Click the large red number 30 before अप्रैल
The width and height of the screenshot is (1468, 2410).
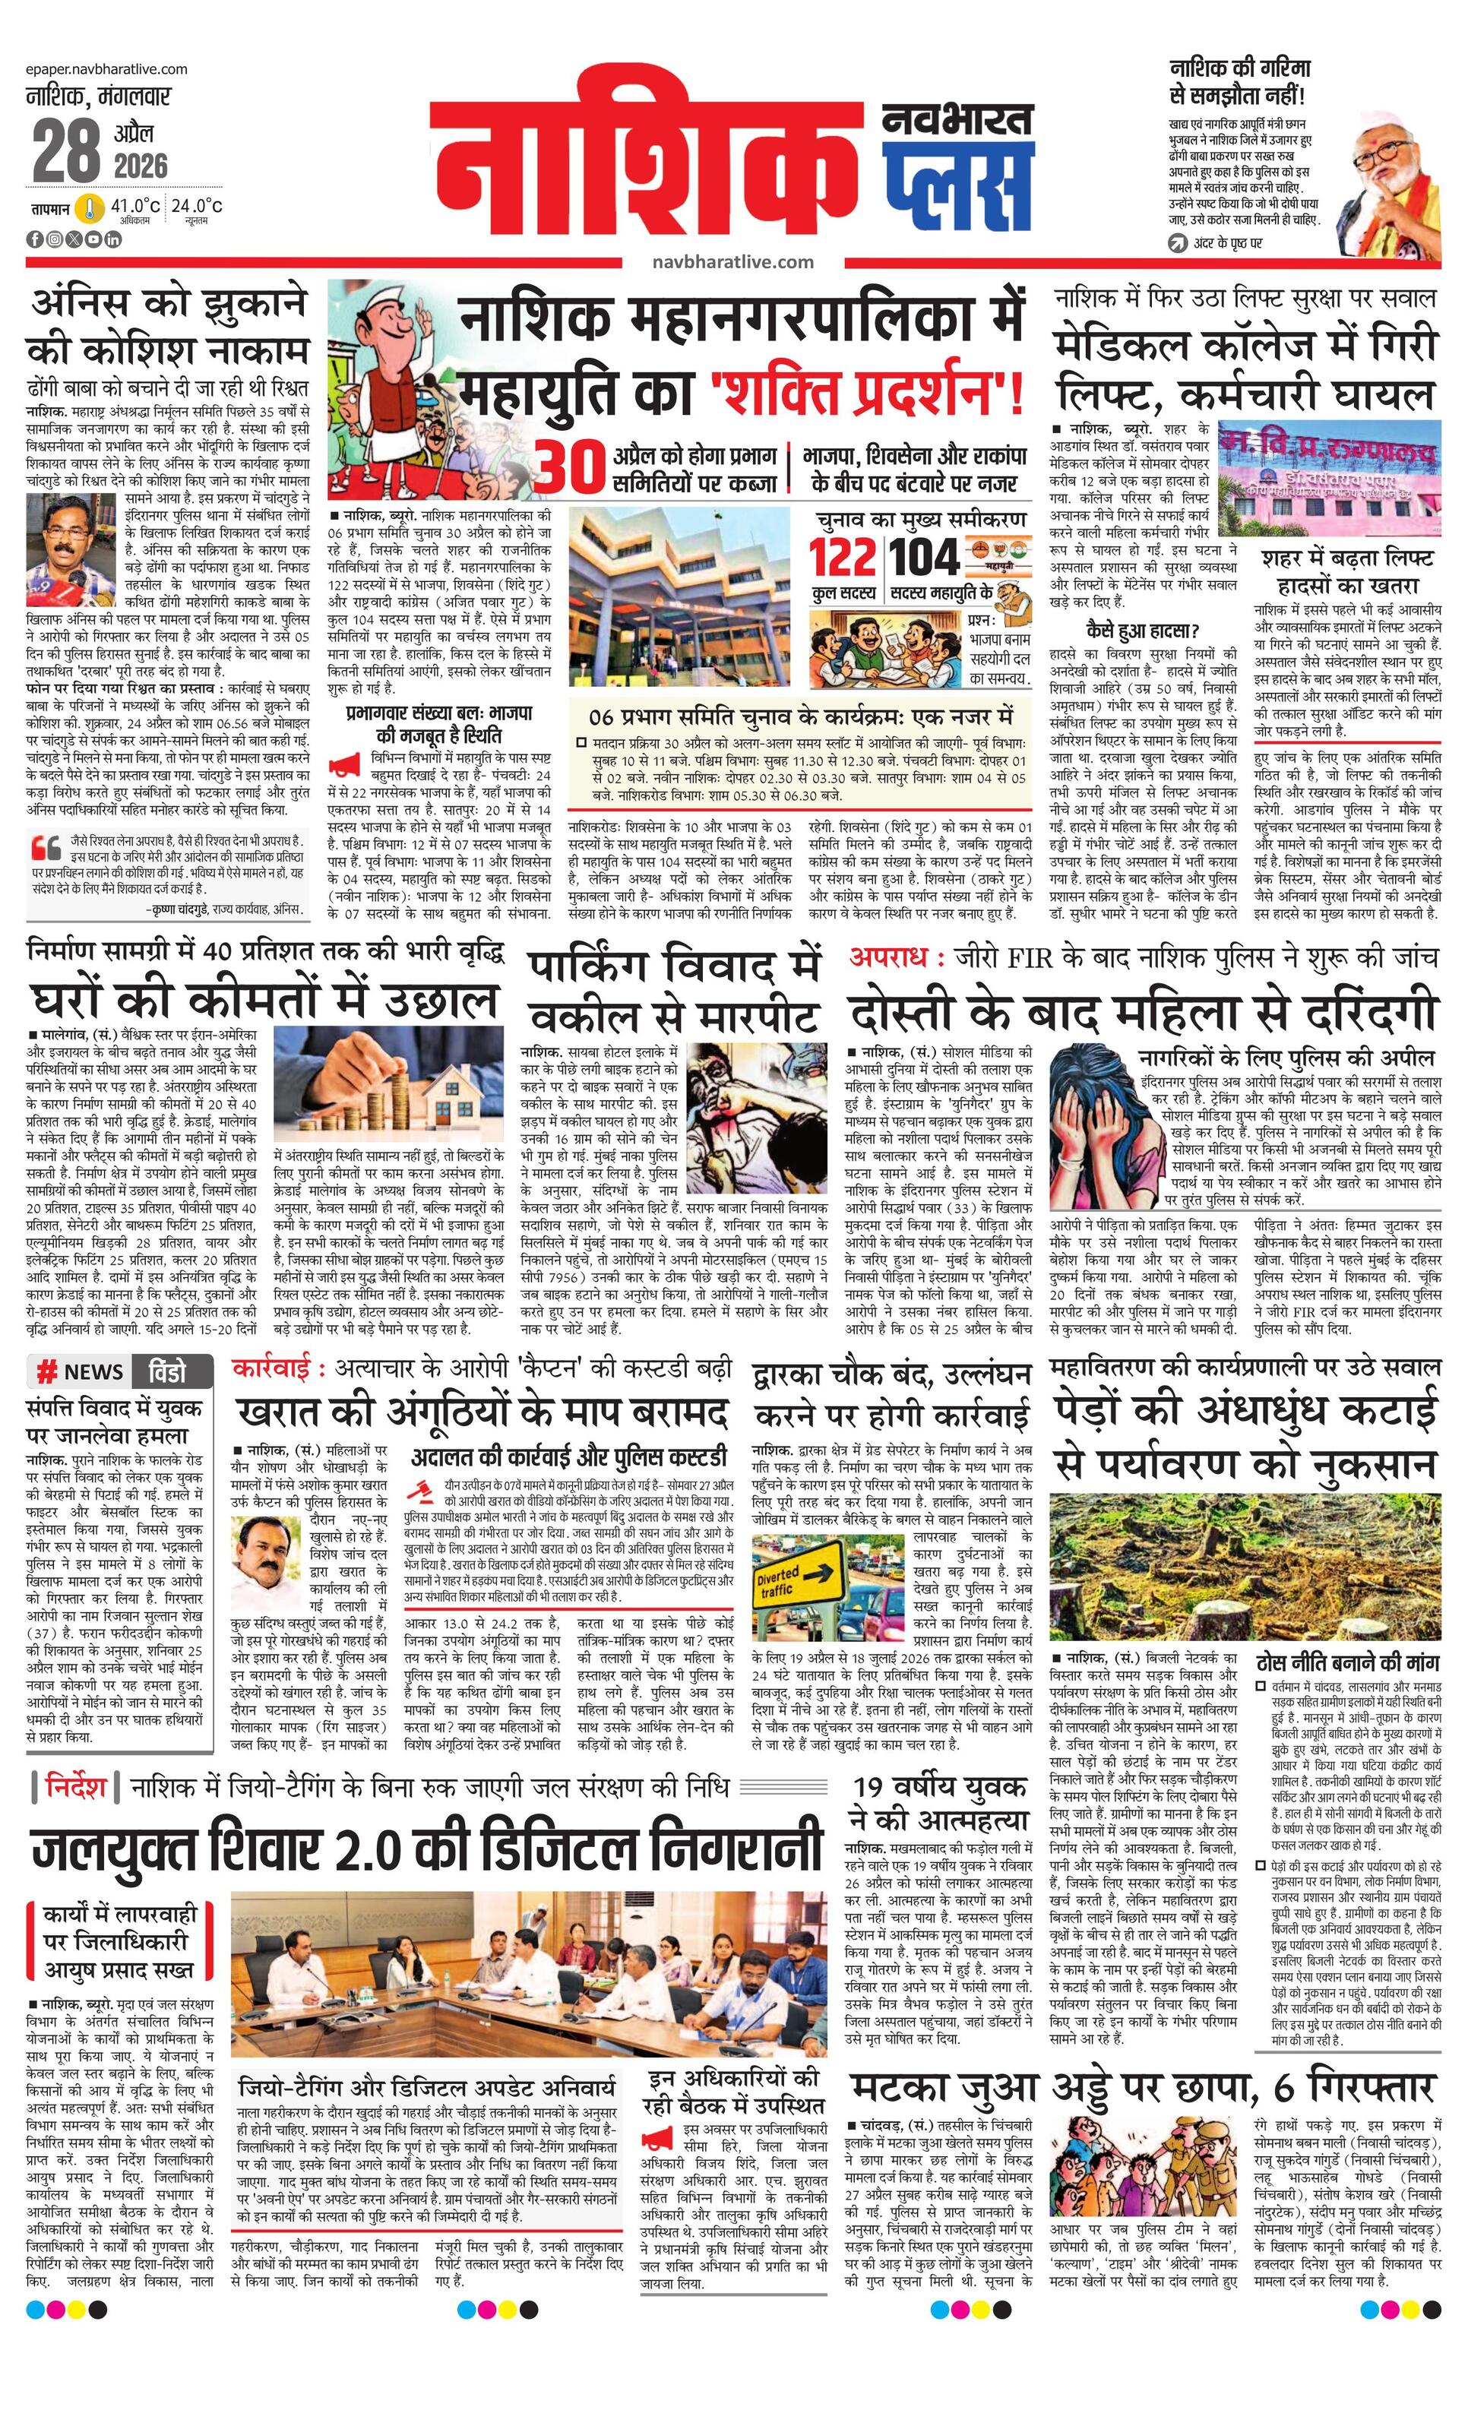[571, 469]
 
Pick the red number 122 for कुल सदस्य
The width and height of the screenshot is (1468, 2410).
[842, 558]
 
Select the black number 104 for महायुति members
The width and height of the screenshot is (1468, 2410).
[924, 558]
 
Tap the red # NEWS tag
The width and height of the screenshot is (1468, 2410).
[81, 1372]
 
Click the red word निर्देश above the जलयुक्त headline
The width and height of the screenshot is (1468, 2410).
[75, 1787]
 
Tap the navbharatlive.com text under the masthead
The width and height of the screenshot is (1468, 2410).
[733, 261]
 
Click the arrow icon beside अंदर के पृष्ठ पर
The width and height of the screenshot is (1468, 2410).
[1178, 242]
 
